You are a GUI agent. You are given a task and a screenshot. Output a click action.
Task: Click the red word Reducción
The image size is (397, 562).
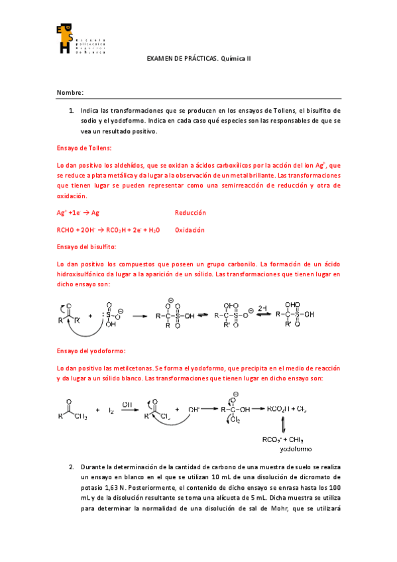point(190,213)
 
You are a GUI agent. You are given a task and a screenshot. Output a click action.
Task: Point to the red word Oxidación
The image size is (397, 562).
point(190,230)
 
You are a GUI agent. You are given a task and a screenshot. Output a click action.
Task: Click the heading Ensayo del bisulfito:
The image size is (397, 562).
point(86,247)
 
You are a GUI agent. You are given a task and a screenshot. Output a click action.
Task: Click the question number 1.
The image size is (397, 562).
point(71,110)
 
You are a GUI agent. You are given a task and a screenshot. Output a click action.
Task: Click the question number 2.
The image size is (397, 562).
point(71,467)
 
